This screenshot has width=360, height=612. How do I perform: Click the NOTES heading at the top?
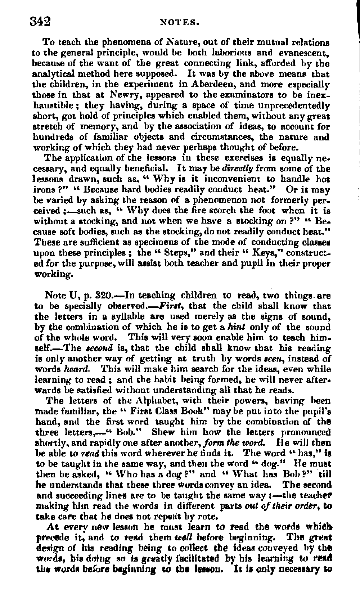pyautogui.click(x=179, y=22)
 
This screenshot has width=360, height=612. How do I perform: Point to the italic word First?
pyautogui.click(x=173, y=306)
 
